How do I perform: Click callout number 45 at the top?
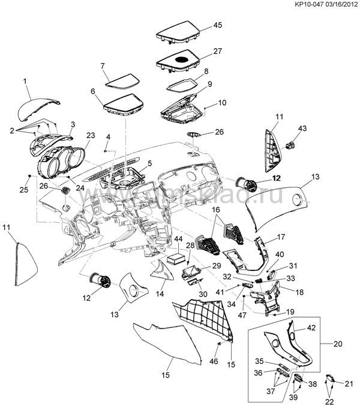coord(218,25)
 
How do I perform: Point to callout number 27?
coord(218,52)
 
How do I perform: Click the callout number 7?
coord(103,65)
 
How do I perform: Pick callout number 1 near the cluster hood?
coord(25,80)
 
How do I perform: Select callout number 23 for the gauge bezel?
coord(91,135)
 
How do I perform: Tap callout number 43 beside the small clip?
coord(302,129)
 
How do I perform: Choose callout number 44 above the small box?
coord(178,239)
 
